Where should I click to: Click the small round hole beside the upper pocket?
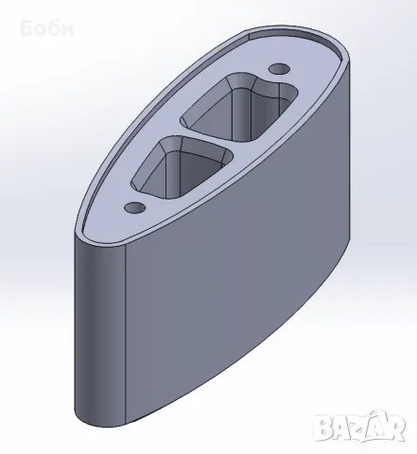[x=279, y=68]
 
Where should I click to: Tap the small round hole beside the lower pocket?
[x=135, y=207]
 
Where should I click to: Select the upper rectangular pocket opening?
[x=239, y=107]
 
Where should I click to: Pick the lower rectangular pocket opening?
[x=182, y=167]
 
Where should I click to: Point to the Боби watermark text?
[x=47, y=28]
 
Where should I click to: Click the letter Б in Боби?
[x=26, y=28]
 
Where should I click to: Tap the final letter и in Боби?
[x=68, y=30]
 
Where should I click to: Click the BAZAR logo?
[x=360, y=427]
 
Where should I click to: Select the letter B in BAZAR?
[x=323, y=428]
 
